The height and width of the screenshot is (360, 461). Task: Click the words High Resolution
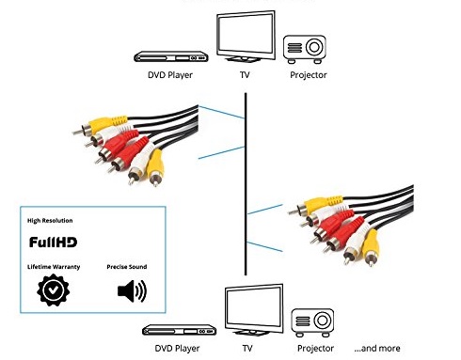(50, 221)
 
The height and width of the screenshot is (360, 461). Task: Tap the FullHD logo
(53, 243)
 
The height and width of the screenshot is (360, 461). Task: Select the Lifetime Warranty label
(54, 267)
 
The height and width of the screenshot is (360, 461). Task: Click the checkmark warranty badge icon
(54, 290)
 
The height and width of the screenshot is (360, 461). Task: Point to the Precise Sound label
(127, 267)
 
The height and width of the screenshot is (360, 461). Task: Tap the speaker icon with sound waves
(132, 291)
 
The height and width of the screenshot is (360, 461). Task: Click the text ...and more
(377, 348)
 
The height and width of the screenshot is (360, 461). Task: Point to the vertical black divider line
(246, 184)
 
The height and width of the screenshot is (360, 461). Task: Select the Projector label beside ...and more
(315, 349)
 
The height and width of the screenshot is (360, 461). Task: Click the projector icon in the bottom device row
(312, 322)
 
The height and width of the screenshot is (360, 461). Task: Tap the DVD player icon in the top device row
(171, 56)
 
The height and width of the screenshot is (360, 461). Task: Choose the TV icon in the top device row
(246, 37)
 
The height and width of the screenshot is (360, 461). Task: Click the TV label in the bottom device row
(247, 348)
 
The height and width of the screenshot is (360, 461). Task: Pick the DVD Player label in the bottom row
(177, 349)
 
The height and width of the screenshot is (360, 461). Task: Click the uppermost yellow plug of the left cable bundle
(101, 124)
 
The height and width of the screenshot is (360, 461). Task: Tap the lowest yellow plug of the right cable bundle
(371, 247)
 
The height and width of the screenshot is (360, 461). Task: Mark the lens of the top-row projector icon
(314, 47)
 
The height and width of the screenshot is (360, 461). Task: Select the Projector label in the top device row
(309, 75)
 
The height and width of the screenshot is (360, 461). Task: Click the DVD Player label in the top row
(170, 75)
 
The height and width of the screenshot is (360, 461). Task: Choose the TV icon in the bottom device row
(254, 310)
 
